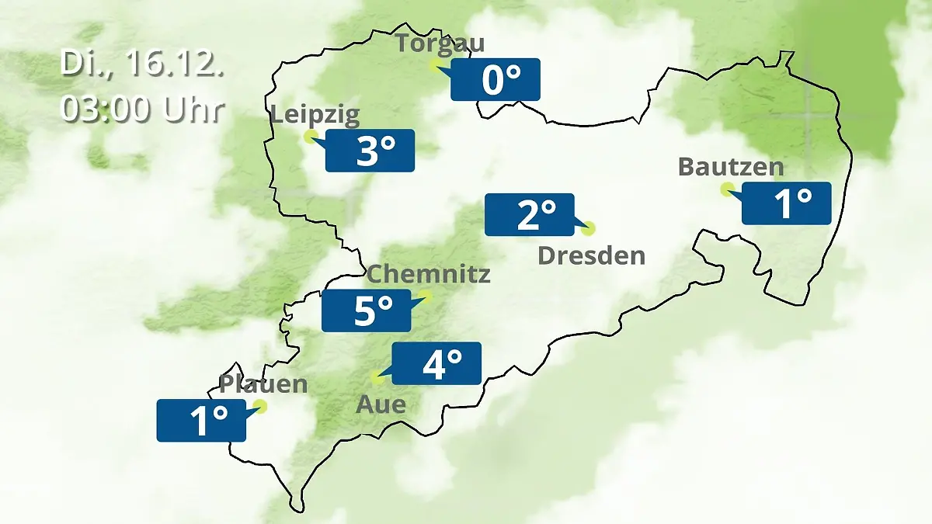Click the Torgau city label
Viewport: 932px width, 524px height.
tap(440, 43)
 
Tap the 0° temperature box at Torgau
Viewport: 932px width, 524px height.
tap(496, 80)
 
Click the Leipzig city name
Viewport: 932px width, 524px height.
tap(315, 116)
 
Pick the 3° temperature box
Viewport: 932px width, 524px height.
tap(370, 151)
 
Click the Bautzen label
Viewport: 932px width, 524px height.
tap(731, 167)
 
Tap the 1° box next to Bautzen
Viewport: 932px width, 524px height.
tap(787, 203)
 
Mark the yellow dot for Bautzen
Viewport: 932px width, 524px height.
tap(727, 189)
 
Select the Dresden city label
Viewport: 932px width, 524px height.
tap(592, 255)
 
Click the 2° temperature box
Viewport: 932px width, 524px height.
tap(530, 214)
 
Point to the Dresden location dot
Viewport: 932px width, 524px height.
tap(588, 228)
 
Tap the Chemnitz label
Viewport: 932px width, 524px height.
tap(429, 274)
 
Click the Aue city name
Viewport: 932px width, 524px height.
tap(381, 404)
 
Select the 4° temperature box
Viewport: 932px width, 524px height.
tap(436, 363)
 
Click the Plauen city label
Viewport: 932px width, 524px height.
tap(263, 384)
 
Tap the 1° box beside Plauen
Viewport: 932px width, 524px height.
tap(202, 421)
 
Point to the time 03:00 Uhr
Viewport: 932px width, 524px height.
tap(142, 109)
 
